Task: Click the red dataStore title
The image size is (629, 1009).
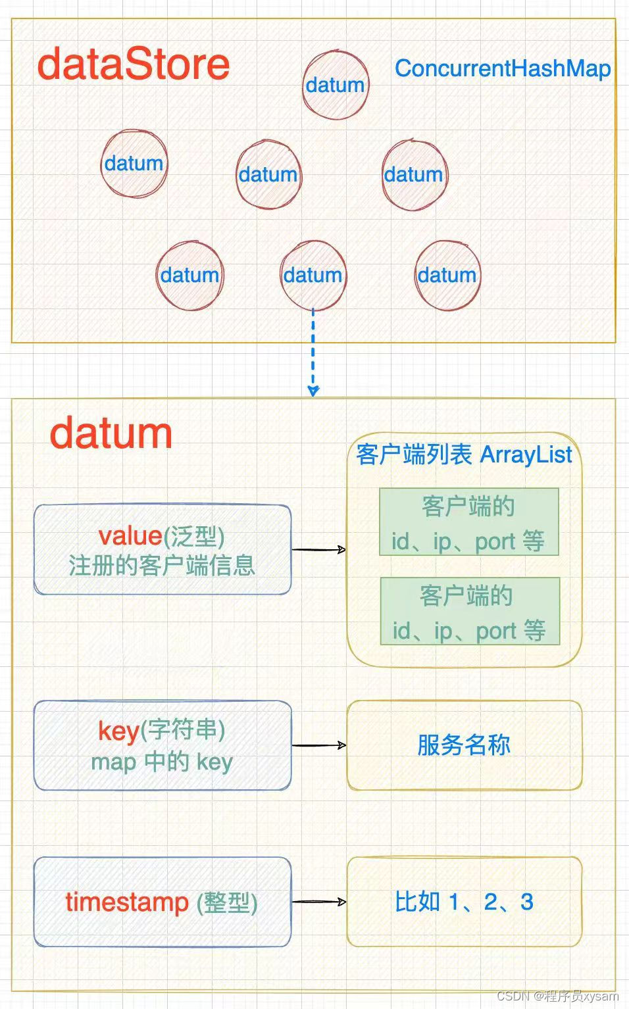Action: [x=134, y=64]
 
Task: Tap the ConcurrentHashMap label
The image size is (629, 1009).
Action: [x=503, y=68]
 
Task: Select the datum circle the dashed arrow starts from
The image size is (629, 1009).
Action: [x=313, y=275]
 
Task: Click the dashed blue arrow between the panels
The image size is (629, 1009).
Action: [x=313, y=352]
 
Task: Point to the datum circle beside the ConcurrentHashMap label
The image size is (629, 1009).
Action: [x=336, y=85]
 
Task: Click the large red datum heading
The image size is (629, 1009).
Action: [x=111, y=434]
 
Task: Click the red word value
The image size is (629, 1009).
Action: [x=130, y=536]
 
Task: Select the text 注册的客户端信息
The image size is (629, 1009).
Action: [x=162, y=566]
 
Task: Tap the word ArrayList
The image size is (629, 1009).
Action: [x=526, y=455]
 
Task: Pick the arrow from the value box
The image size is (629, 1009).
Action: [x=319, y=549]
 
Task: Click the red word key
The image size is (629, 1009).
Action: [x=118, y=730]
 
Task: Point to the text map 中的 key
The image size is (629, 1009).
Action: [x=162, y=762]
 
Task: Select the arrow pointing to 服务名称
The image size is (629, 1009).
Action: [x=319, y=745]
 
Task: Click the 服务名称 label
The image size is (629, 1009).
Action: [x=464, y=745]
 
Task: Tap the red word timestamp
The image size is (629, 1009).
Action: [x=127, y=902]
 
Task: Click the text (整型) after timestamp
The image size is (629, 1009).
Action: [x=227, y=902]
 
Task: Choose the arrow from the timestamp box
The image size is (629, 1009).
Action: [x=319, y=902]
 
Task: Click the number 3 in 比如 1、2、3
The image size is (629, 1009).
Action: [x=526, y=902]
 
